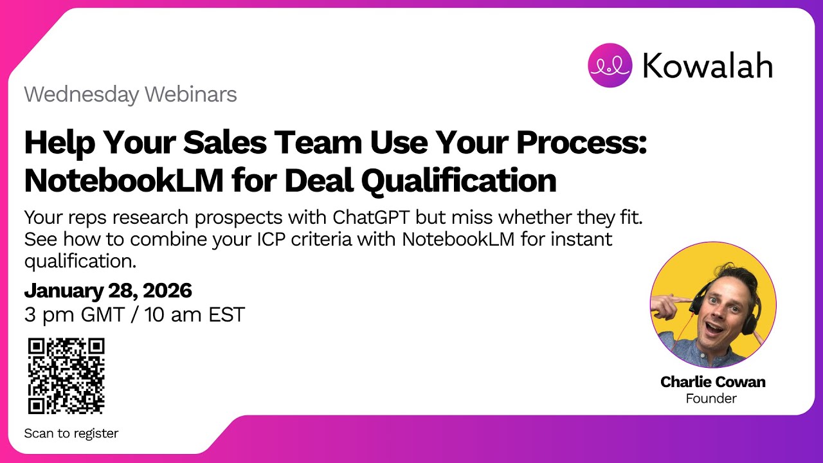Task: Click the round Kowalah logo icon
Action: click(x=610, y=65)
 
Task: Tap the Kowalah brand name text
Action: click(x=708, y=65)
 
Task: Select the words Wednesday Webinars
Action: click(x=131, y=95)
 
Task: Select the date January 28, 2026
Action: click(x=108, y=291)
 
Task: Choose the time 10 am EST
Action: click(x=195, y=315)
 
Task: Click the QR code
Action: click(x=66, y=376)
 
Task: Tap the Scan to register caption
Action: click(x=71, y=433)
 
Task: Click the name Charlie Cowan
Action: click(x=712, y=382)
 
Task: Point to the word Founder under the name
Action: click(x=711, y=399)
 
